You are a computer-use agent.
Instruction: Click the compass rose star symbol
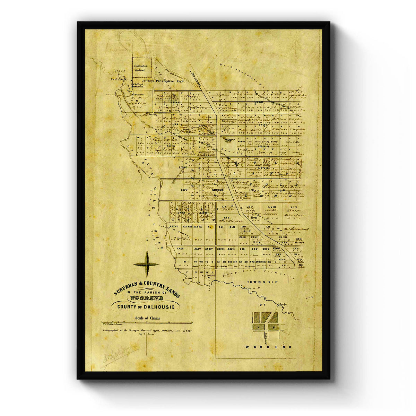(146, 264)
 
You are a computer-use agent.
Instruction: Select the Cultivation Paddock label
(142, 68)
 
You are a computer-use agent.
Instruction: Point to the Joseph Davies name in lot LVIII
(271, 212)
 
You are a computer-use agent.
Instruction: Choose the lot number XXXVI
(180, 249)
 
